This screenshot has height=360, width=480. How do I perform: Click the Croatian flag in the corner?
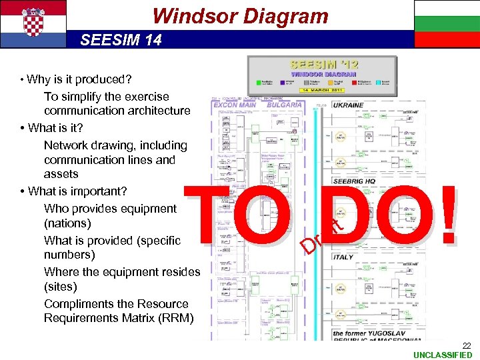click(33, 23)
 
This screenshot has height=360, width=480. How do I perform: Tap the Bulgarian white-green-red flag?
click(447, 23)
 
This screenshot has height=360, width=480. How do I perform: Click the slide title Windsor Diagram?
click(240, 16)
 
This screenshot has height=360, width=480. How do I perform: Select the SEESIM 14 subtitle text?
click(121, 40)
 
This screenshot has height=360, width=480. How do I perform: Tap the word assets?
click(61, 174)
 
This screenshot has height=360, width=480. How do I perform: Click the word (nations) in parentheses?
click(67, 223)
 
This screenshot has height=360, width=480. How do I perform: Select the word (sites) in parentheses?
click(61, 287)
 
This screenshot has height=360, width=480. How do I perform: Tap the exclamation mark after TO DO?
click(449, 215)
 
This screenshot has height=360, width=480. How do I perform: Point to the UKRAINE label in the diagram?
click(348, 105)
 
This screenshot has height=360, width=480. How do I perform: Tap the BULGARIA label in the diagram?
click(285, 105)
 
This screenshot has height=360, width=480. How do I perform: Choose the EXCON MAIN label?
click(235, 105)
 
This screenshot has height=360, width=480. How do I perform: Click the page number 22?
click(466, 345)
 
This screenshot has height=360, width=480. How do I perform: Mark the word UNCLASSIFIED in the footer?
click(443, 355)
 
